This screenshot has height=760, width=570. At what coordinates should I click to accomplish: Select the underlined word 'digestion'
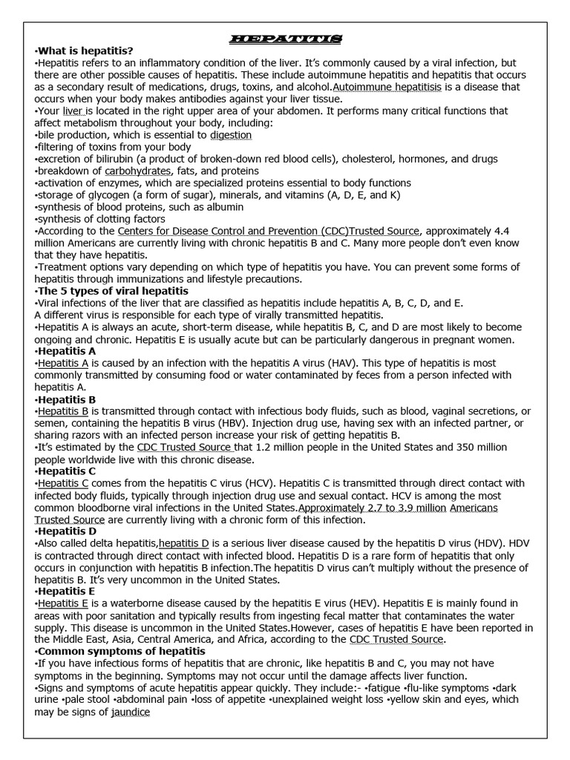[231, 135]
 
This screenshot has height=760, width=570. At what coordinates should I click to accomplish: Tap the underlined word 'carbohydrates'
[137, 171]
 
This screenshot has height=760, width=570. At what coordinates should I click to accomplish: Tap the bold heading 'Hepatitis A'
[68, 350]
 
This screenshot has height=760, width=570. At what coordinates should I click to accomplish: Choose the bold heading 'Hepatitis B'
[68, 399]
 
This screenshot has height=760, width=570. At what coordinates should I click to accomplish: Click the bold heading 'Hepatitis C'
[68, 471]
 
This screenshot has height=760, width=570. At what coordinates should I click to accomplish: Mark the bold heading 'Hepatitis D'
[68, 531]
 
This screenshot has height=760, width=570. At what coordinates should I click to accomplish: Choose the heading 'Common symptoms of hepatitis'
[122, 651]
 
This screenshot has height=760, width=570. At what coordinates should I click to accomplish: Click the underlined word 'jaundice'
[131, 712]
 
